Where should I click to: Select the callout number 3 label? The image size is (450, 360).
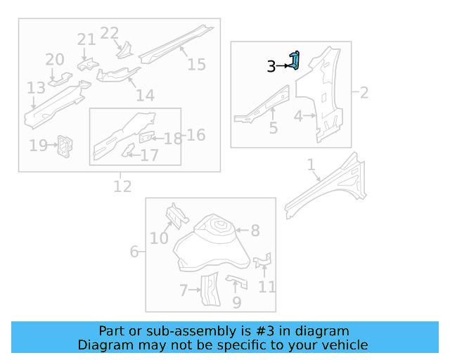(x=271, y=67)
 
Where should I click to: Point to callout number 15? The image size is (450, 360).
(x=196, y=64)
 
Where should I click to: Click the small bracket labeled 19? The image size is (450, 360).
(x=65, y=146)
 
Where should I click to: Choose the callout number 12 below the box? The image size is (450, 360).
(x=122, y=186)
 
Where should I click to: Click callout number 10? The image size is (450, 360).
(x=159, y=238)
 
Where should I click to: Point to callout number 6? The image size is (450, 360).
(x=134, y=251)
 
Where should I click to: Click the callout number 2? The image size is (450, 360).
(x=364, y=92)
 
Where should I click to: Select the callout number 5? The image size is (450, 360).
(x=273, y=128)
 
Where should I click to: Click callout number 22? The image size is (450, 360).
(x=109, y=33)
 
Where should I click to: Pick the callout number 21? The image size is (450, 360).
(x=86, y=39)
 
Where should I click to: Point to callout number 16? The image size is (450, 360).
(x=195, y=134)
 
